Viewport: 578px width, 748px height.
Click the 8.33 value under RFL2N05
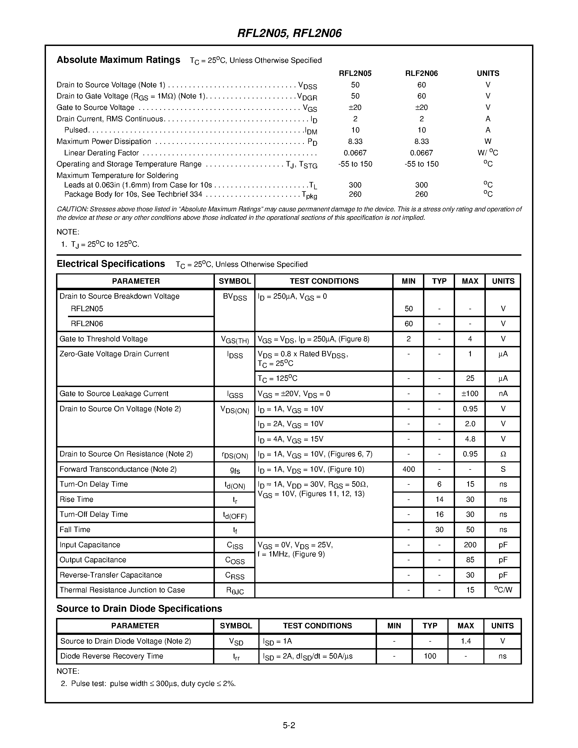tap(355, 141)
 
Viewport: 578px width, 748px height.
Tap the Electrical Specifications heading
tap(111, 264)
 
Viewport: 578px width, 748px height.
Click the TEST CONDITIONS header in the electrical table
tap(324, 281)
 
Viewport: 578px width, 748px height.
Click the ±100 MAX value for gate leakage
tap(470, 394)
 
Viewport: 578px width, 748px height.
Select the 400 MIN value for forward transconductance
tap(409, 469)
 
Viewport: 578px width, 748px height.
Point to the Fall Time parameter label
tap(75, 530)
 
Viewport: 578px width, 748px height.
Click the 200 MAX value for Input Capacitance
tap(470, 545)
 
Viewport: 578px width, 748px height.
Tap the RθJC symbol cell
tap(234, 591)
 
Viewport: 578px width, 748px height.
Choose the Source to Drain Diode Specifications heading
tap(139, 609)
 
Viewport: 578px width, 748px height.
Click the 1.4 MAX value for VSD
tap(466, 641)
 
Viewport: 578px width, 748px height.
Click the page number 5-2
tap(289, 725)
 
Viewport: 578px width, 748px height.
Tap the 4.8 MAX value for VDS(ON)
tap(470, 439)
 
